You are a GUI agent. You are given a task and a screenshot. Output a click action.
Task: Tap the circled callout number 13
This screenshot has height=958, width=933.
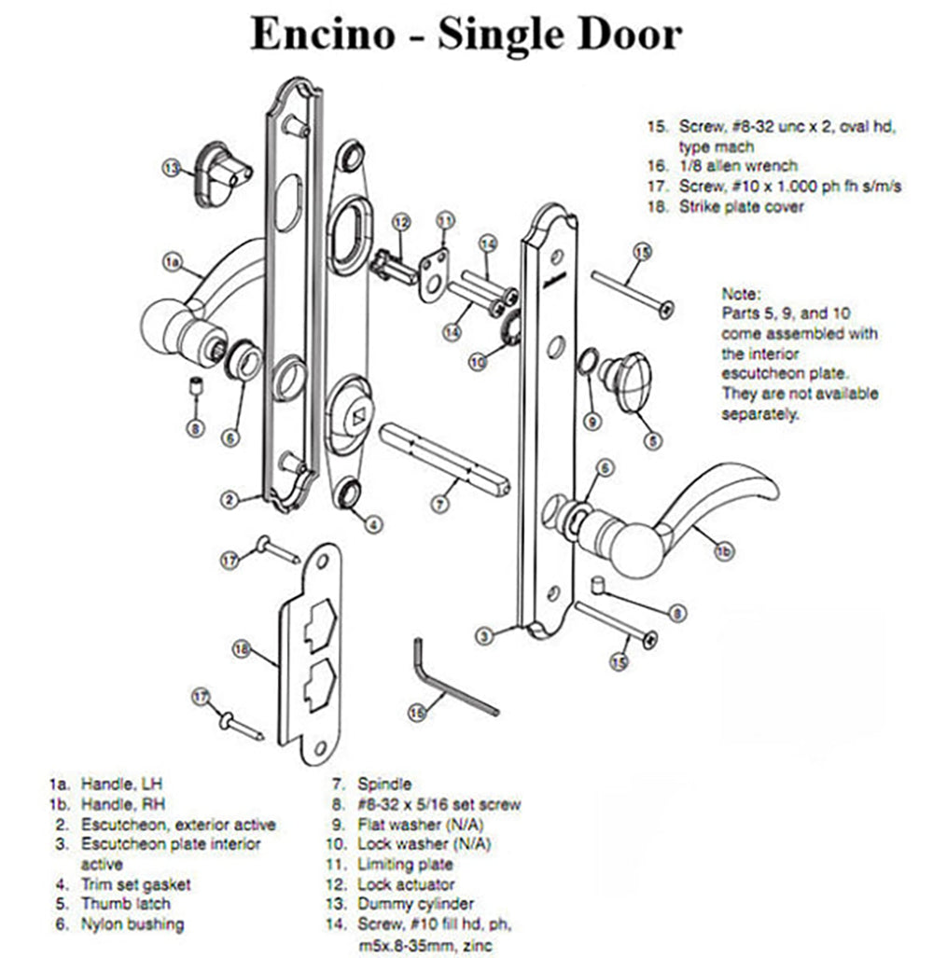pyautogui.click(x=170, y=168)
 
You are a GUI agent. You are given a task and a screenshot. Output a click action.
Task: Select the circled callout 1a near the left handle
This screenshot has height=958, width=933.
pyautogui.click(x=172, y=264)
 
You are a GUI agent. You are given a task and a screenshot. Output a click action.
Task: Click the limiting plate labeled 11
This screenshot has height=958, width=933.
pyautogui.click(x=431, y=271)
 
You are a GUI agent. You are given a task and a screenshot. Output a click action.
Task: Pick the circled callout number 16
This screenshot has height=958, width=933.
pyautogui.click(x=417, y=712)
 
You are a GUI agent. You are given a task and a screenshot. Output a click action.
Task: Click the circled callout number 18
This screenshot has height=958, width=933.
pyautogui.click(x=242, y=649)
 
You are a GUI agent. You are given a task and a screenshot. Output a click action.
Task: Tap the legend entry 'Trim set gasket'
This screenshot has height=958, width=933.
pyautogui.click(x=135, y=883)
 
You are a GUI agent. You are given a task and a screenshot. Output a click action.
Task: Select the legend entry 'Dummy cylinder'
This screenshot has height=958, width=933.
pyautogui.click(x=415, y=903)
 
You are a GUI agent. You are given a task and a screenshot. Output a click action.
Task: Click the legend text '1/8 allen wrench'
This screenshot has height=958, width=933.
pyautogui.click(x=737, y=165)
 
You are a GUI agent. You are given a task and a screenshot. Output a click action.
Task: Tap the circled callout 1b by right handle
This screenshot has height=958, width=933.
pyautogui.click(x=723, y=552)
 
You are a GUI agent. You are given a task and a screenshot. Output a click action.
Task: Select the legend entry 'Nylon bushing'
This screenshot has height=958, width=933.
pyautogui.click(x=132, y=923)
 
